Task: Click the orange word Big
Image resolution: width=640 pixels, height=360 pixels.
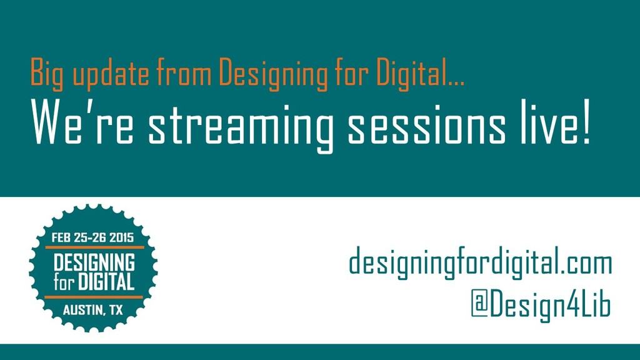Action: (47, 74)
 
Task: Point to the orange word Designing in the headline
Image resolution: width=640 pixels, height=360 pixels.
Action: (273, 74)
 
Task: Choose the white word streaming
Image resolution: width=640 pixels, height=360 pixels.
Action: (240, 128)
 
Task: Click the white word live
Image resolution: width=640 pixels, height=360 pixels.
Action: (548, 124)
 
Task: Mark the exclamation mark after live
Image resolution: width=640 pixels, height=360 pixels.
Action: (586, 124)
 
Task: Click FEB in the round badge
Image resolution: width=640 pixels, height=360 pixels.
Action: (61, 237)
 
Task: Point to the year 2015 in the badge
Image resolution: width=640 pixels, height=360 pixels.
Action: (121, 237)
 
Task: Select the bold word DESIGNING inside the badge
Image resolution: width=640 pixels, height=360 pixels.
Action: (94, 262)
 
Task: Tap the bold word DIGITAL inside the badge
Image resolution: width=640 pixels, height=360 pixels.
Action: (106, 282)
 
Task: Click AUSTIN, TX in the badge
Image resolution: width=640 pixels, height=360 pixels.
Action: (93, 311)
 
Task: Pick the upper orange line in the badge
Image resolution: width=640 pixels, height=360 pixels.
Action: (94, 247)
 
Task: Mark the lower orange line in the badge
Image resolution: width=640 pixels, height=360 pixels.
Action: (94, 297)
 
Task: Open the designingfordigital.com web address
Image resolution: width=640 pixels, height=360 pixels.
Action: (481, 263)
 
